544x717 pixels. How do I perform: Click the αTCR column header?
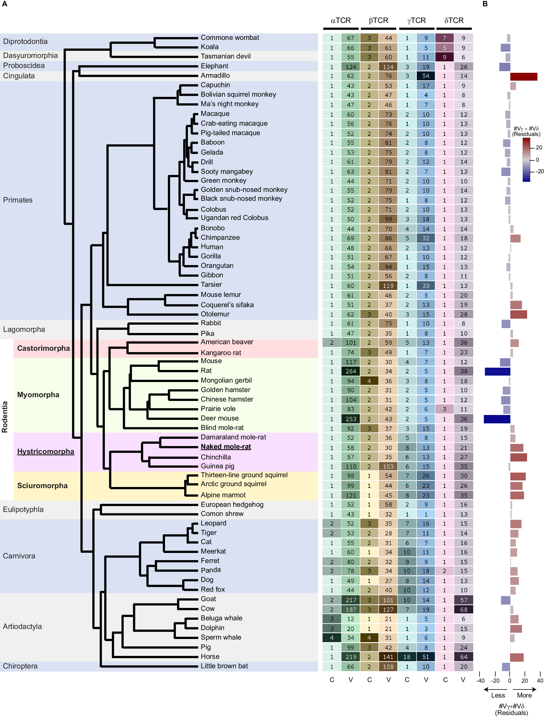coord(341,20)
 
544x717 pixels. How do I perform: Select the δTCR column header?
coord(454,20)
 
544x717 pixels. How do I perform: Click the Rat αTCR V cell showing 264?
coord(350,371)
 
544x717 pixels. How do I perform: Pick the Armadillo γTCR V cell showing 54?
coord(425,76)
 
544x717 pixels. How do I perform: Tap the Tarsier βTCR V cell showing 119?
coord(388,286)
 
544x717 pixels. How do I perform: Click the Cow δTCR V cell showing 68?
coord(464,609)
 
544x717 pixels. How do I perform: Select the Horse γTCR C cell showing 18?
coord(407,657)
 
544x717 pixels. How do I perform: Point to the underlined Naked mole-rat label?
coord(226,446)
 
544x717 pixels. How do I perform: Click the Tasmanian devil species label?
coord(225,56)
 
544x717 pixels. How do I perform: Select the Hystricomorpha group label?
coord(45,451)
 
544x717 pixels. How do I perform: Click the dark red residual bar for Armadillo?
coord(523,77)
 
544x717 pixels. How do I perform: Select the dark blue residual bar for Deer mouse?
coord(497,419)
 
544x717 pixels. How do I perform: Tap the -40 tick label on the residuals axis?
coord(480,680)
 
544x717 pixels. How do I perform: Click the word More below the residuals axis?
coord(524,695)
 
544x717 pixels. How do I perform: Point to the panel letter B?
coord(485,4)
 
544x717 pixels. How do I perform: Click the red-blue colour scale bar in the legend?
coord(526,159)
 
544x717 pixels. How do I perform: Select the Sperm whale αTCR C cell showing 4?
coord(331,638)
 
